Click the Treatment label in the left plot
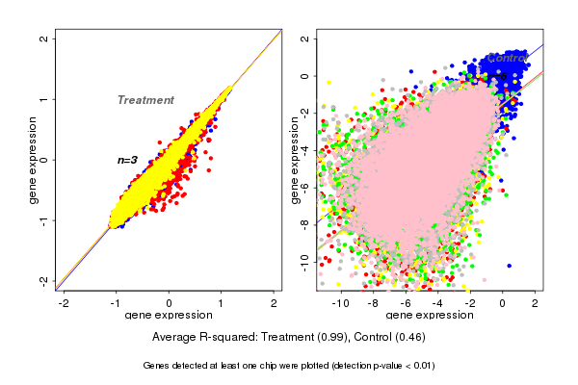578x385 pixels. coord(145,100)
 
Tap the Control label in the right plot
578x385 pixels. coord(507,58)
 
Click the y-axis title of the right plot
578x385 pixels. coord(295,160)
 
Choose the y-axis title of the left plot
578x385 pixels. coord(34,160)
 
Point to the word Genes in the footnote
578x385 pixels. coord(159,366)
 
